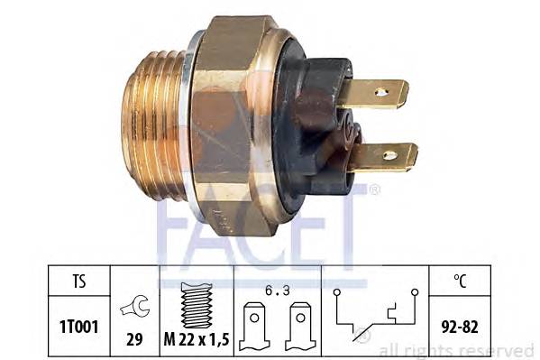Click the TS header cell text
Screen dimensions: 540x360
coord(79,281)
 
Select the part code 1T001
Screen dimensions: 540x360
coord(79,327)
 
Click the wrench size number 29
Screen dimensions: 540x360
coord(134,339)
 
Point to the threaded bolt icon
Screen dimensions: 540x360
coord(197,305)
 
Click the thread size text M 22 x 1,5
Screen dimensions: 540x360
coord(197,339)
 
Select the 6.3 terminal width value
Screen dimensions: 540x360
coord(278,291)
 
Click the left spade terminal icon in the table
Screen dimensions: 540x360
coord(254,326)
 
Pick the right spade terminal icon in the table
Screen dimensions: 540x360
coord(300,326)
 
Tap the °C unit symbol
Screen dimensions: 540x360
coord(460,281)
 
